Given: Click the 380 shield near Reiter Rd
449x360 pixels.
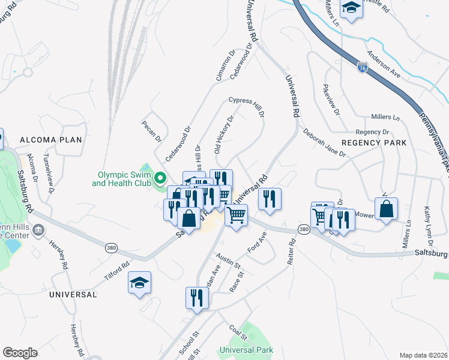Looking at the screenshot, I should (x=304, y=230).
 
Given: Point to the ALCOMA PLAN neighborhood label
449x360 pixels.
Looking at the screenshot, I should (x=50, y=140).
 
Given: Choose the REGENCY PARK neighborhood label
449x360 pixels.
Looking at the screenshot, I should (x=374, y=143).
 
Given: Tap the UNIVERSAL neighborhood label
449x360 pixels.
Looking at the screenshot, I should (x=73, y=295).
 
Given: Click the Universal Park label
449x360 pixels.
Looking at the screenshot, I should (x=246, y=350).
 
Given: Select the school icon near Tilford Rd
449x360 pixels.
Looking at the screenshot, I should (x=139, y=283).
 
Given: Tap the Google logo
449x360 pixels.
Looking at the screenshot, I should (x=20, y=353).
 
